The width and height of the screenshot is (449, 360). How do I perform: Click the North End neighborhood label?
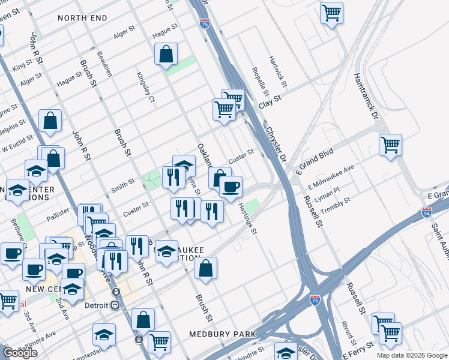pyautogui.click(x=82, y=18)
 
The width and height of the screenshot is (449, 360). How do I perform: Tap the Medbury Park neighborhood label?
pyautogui.click(x=222, y=334)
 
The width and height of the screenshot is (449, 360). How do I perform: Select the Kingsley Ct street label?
pyautogui.click(x=146, y=88)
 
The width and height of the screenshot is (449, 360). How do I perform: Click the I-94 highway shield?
pyautogui.click(x=426, y=212)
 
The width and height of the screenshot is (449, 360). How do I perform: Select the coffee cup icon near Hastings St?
pyautogui.click(x=229, y=187)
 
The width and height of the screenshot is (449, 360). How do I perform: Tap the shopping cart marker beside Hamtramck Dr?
pyautogui.click(x=390, y=145)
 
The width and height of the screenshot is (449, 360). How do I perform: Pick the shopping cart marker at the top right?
pyautogui.click(x=331, y=12)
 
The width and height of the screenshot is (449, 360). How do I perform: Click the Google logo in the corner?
pyautogui.click(x=20, y=353)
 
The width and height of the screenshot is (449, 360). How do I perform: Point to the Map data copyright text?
pyautogui.click(x=412, y=355)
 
